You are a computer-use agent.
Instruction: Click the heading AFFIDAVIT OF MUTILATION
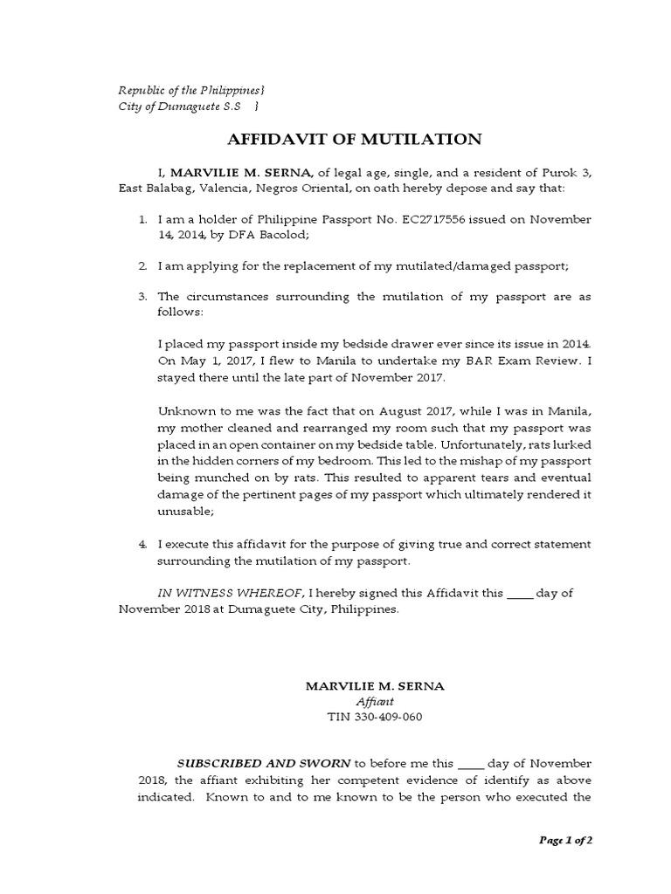354,140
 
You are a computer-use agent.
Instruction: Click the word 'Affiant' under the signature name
375,702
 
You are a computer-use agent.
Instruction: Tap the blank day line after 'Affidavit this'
519,594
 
